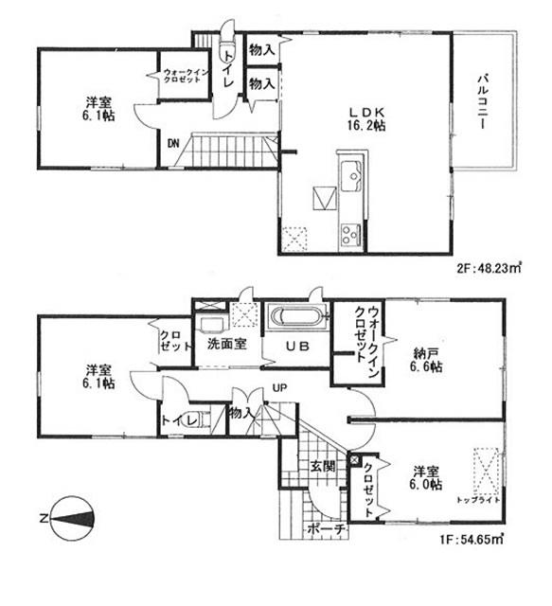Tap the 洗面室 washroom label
point(228,344)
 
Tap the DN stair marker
point(173,144)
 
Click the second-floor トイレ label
point(228,73)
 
